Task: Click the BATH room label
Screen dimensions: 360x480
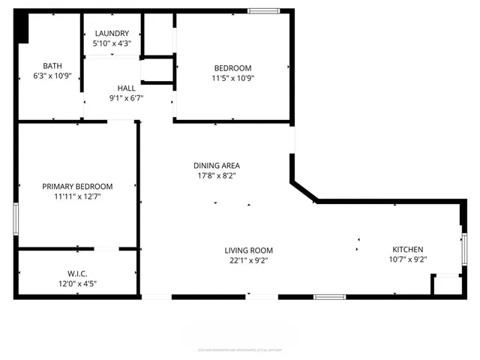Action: tap(52, 65)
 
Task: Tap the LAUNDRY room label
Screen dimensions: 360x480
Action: tap(111, 33)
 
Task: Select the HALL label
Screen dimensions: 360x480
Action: tap(127, 88)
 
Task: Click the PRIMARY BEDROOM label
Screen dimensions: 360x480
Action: tap(77, 187)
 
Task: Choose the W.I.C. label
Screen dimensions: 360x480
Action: tap(77, 274)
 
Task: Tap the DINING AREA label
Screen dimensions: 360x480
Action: tap(217, 166)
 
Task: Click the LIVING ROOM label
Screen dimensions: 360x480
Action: tap(249, 250)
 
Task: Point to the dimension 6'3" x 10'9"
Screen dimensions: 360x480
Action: tap(52, 75)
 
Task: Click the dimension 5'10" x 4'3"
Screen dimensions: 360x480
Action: tap(111, 43)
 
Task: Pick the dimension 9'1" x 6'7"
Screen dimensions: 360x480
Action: tap(127, 97)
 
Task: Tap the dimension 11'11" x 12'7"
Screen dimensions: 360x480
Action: tap(77, 196)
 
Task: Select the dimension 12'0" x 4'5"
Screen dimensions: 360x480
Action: tap(77, 283)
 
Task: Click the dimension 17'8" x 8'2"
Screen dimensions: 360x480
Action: tap(217, 175)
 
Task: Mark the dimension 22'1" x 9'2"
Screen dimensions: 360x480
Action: tap(249, 260)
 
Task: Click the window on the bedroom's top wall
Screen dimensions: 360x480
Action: tap(262, 10)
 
